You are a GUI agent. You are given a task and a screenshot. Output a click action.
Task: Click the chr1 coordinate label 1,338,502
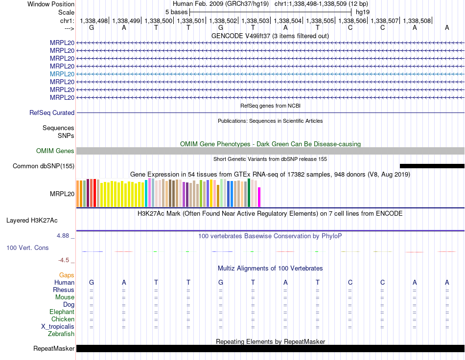click(223, 21)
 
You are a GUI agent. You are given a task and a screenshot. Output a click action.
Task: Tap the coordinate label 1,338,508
click(417, 21)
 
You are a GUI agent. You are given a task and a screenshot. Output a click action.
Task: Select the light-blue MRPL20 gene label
click(62, 74)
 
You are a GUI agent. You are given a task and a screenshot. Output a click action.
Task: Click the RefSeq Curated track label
click(52, 112)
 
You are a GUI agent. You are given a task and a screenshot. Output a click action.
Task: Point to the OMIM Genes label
click(55, 151)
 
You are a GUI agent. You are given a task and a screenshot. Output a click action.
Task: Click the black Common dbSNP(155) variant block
click(432, 166)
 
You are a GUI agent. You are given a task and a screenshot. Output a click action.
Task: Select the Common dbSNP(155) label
click(44, 166)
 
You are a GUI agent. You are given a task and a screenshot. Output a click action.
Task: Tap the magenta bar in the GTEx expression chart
click(259, 197)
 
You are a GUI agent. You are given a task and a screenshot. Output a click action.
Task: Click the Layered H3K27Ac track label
click(32, 221)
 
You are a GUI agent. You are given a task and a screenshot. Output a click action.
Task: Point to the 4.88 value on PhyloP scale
click(63, 236)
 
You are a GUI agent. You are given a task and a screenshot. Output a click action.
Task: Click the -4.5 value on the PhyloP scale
click(64, 260)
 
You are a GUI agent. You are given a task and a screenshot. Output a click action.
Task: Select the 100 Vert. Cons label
click(27, 247)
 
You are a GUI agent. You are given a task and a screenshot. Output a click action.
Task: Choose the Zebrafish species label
click(61, 334)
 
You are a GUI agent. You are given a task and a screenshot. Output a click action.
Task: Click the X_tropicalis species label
click(58, 327)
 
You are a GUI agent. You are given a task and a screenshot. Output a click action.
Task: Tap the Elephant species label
click(62, 312)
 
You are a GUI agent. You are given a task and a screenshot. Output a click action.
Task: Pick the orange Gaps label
click(67, 275)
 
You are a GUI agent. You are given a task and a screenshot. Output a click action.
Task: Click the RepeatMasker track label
click(54, 348)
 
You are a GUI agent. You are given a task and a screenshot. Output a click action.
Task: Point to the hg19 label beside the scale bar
click(363, 12)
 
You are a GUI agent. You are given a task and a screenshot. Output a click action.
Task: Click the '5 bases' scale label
click(176, 12)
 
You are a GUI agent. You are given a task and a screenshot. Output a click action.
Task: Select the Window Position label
click(51, 4)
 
